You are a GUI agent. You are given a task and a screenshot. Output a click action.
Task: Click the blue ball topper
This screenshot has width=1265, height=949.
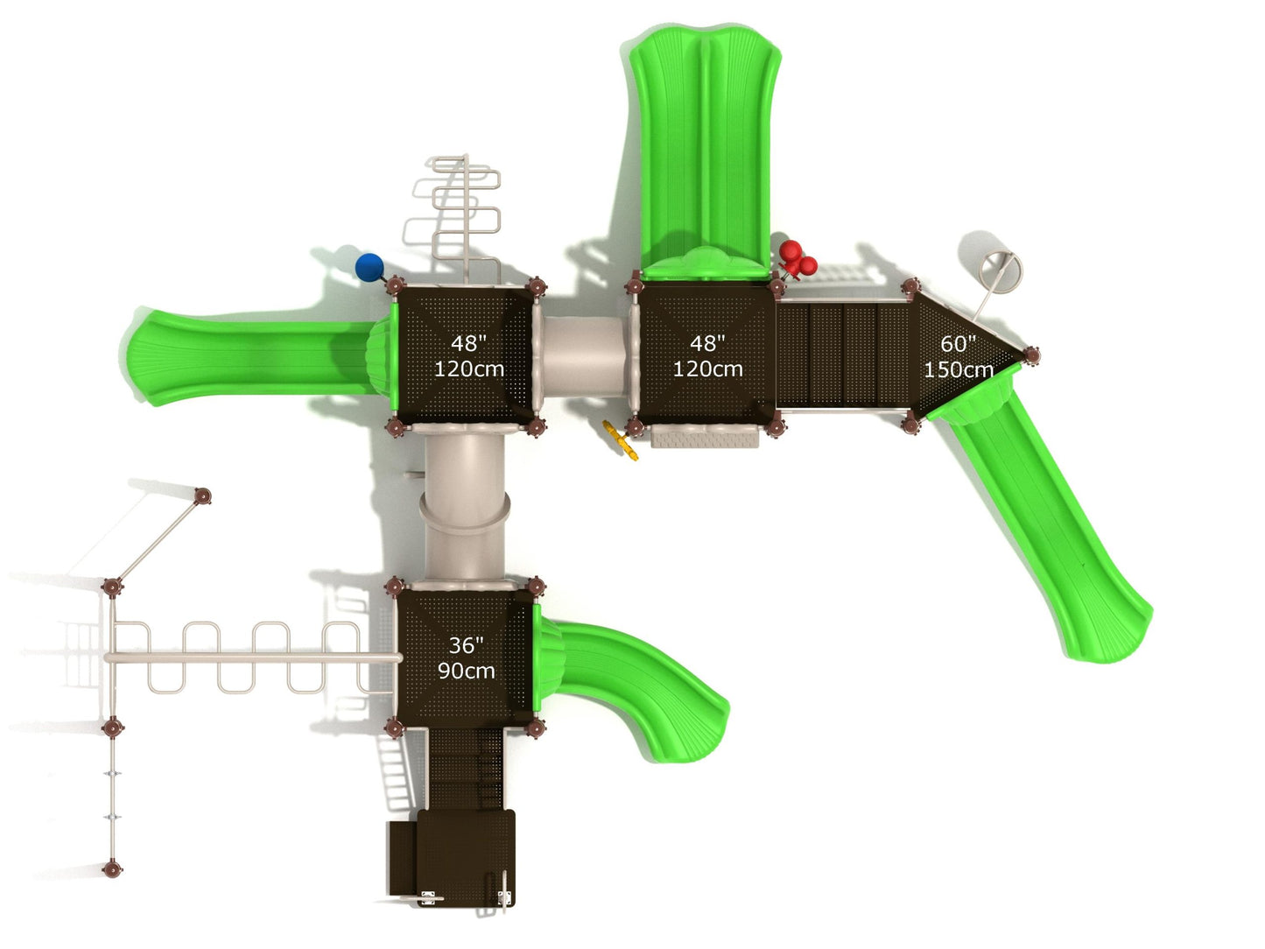[369, 267]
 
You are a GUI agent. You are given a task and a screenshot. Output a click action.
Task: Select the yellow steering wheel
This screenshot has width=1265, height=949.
[621, 440]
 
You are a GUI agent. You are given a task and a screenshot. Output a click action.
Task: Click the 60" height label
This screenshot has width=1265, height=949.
[958, 344]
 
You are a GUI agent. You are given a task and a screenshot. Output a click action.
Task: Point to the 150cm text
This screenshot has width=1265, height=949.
[959, 369]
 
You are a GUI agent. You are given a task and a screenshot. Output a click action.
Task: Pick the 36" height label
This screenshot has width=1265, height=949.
[467, 645]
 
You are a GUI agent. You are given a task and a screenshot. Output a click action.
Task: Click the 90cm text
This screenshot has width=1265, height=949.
[467, 671]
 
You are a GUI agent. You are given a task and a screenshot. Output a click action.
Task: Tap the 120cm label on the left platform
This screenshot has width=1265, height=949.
[468, 369]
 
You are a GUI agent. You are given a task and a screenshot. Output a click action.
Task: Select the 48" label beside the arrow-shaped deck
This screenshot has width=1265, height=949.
[707, 343]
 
